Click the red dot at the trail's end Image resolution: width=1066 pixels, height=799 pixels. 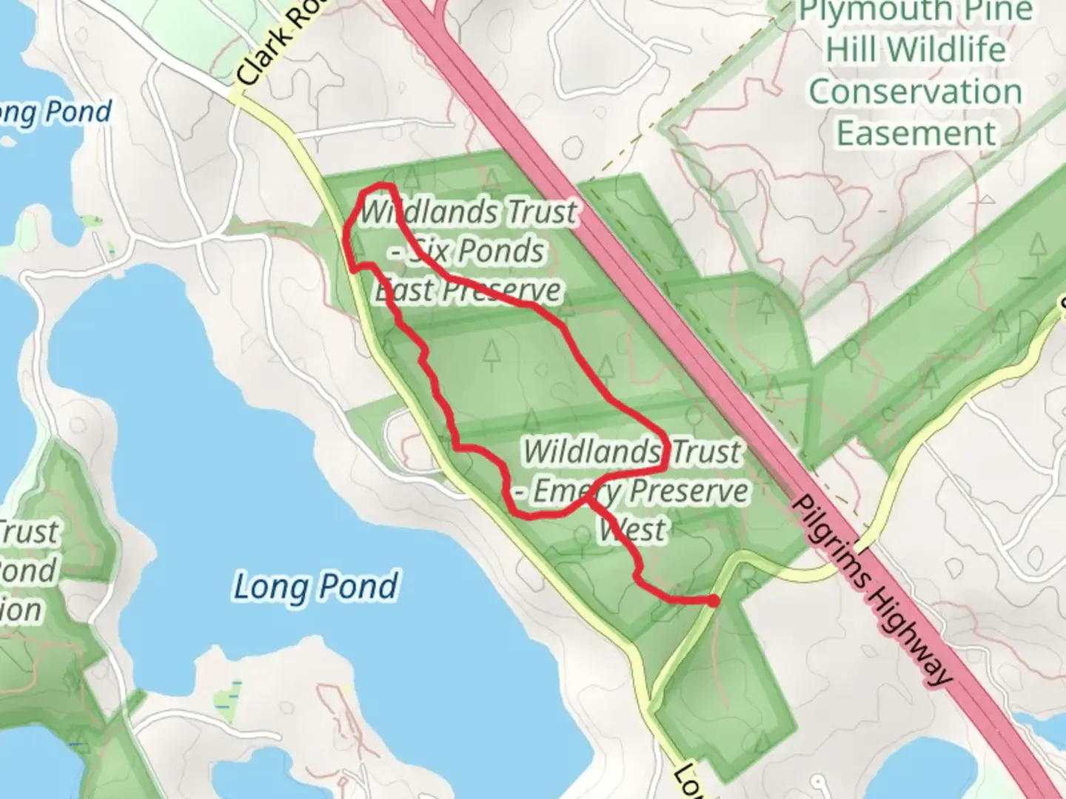(x=712, y=601)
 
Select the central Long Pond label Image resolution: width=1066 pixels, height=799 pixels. (x=316, y=587)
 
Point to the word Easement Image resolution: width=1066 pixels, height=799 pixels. (x=916, y=134)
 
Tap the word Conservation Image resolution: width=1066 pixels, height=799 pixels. (x=915, y=92)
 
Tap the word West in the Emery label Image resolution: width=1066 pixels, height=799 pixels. (x=632, y=530)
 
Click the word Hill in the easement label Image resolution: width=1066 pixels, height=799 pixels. (x=852, y=50)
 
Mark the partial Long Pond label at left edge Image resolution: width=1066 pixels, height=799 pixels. (x=56, y=112)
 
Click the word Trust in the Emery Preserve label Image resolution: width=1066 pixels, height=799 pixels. (x=703, y=451)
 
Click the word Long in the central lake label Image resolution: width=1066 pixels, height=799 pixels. (x=261, y=587)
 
